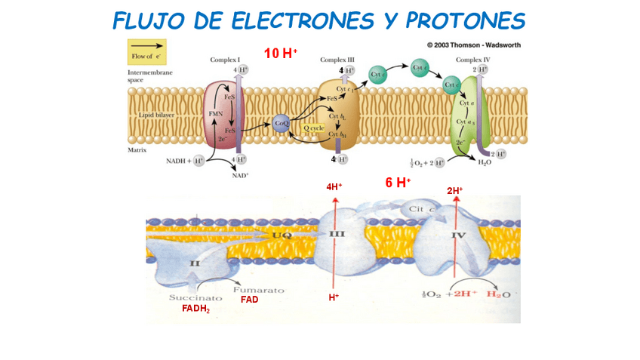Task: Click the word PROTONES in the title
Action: [x=464, y=20]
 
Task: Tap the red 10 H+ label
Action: [x=281, y=53]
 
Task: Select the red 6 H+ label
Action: [x=398, y=183]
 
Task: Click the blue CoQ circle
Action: [x=282, y=123]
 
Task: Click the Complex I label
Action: [x=224, y=59]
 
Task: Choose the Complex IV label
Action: [x=472, y=59]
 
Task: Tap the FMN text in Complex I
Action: [x=216, y=113]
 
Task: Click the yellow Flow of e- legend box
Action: [x=146, y=53]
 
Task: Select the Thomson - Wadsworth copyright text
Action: [x=473, y=45]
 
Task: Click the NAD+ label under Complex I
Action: [x=240, y=174]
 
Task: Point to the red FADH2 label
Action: [x=195, y=309]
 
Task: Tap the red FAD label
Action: [x=249, y=300]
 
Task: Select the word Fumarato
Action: [x=258, y=289]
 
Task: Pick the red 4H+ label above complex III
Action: [x=334, y=186]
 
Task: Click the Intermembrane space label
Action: [x=150, y=75]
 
